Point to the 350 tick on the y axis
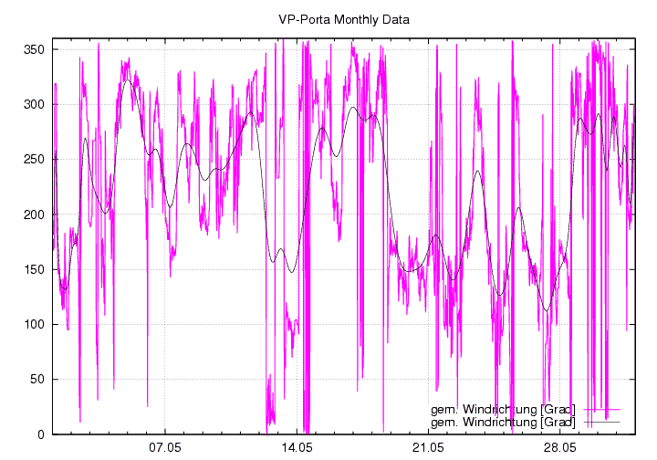pyautogui.click(x=34, y=49)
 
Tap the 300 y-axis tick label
pyautogui.click(x=34, y=104)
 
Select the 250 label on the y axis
pyautogui.click(x=34, y=159)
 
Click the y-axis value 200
pyautogui.click(x=34, y=214)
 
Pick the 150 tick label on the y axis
pyautogui.click(x=34, y=269)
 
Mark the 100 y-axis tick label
pyautogui.click(x=34, y=324)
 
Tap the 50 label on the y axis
pyautogui.click(x=36, y=379)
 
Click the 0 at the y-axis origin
pyautogui.click(x=40, y=434)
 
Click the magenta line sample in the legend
pyautogui.click(x=601, y=409)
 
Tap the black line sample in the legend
pyautogui.click(x=601, y=422)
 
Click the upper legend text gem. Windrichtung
pyautogui.click(x=503, y=409)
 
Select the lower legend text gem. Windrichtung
pyautogui.click(x=503, y=422)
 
